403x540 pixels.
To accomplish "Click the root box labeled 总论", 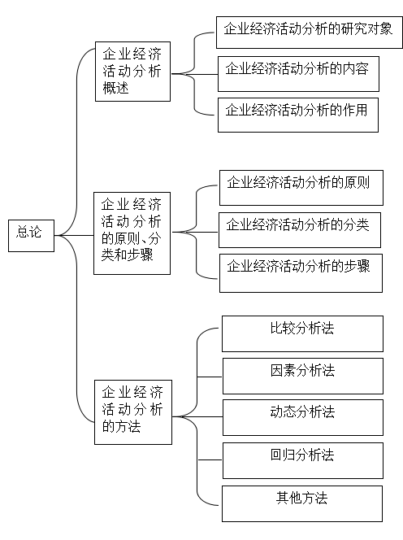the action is click(32, 236).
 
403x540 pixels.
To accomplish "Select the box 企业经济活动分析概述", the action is click(132, 72).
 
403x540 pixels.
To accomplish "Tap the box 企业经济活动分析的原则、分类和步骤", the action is click(132, 233).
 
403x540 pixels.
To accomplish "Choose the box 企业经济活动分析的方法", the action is click(133, 412).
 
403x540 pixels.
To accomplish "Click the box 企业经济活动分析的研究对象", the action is click(310, 33).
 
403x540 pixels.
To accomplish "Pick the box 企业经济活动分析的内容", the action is click(298, 74).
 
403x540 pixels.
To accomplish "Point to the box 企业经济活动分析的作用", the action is click(298, 115).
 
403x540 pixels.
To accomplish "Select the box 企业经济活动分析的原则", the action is click(301, 188).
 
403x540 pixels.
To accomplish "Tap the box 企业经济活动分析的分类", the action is click(300, 230).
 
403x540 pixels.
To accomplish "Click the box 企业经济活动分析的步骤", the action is click(301, 273).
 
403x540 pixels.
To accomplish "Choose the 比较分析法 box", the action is click(302, 333).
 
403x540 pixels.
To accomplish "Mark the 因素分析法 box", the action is click(303, 376).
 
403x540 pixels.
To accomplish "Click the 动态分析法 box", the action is click(303, 418).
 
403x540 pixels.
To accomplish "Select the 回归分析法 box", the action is click(303, 461).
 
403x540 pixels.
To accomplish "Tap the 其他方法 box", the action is click(302, 504).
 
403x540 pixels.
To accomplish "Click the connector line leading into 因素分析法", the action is click(210, 377).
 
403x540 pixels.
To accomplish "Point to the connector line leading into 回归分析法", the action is click(210, 459).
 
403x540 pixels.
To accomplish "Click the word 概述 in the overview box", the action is click(115, 88).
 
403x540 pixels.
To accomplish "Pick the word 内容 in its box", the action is click(356, 68).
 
